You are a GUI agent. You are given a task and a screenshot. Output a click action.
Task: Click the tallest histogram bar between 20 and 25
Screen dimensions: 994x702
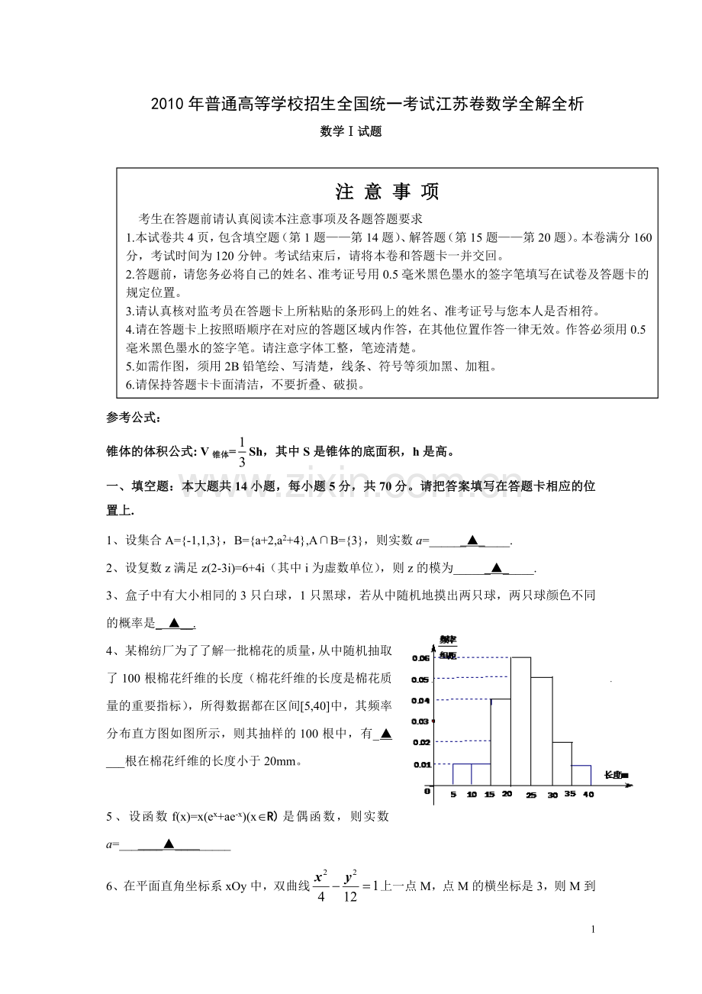click(x=521, y=721)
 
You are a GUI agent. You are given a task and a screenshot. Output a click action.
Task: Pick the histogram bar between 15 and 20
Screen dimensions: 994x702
click(x=501, y=741)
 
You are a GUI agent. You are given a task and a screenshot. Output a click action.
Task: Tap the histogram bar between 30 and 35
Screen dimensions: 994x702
click(x=562, y=763)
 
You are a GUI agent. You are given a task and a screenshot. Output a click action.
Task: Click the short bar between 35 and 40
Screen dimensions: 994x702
click(x=581, y=775)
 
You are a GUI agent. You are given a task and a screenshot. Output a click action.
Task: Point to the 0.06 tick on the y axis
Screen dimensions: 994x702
click(x=420, y=657)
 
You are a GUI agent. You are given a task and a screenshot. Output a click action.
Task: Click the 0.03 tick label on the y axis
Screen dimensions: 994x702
click(x=420, y=721)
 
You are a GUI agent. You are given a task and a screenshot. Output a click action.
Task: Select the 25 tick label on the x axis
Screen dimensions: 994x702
click(x=531, y=796)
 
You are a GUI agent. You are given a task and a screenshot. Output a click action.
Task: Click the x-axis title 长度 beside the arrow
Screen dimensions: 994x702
click(x=615, y=775)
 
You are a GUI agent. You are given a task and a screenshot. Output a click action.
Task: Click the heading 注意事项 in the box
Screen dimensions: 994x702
click(x=387, y=191)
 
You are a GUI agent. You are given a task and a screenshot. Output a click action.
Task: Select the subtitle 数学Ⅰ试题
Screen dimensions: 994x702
click(x=351, y=131)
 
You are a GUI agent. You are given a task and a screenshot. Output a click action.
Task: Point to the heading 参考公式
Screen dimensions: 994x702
click(x=134, y=418)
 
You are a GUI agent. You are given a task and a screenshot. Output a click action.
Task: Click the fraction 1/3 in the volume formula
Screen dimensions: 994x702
click(x=241, y=450)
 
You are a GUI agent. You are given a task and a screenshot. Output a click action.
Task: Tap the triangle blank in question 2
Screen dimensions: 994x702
click(x=496, y=567)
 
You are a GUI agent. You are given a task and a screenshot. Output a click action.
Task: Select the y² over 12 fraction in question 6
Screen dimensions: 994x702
click(x=351, y=886)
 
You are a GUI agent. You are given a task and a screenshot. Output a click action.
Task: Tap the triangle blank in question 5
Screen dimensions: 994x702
click(x=169, y=844)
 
